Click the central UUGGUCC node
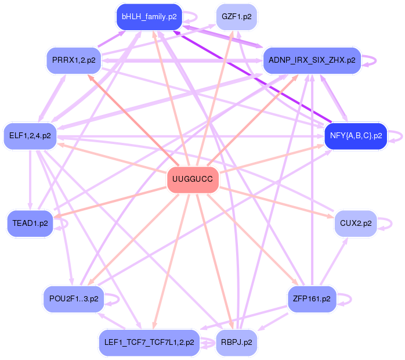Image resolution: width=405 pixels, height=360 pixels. point(193,179)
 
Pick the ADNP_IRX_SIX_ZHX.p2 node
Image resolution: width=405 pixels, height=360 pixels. point(312,60)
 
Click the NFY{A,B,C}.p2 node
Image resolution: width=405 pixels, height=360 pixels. point(355,136)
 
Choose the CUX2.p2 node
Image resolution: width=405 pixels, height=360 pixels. point(356,223)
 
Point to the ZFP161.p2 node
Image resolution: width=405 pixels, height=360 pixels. point(312,299)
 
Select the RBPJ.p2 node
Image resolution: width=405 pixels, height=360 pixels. point(236,342)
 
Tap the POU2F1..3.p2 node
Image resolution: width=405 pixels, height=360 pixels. point(74,299)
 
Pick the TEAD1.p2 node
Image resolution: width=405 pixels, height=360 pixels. point(30,223)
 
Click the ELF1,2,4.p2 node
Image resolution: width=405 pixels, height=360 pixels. point(30,136)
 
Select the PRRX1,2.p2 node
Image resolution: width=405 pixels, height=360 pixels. point(74,60)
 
